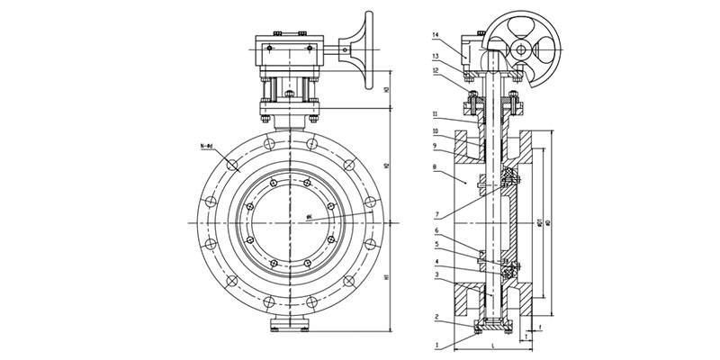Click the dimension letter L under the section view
tap(493, 346)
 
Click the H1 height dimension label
tap(386, 278)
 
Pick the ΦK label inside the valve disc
tap(310, 217)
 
